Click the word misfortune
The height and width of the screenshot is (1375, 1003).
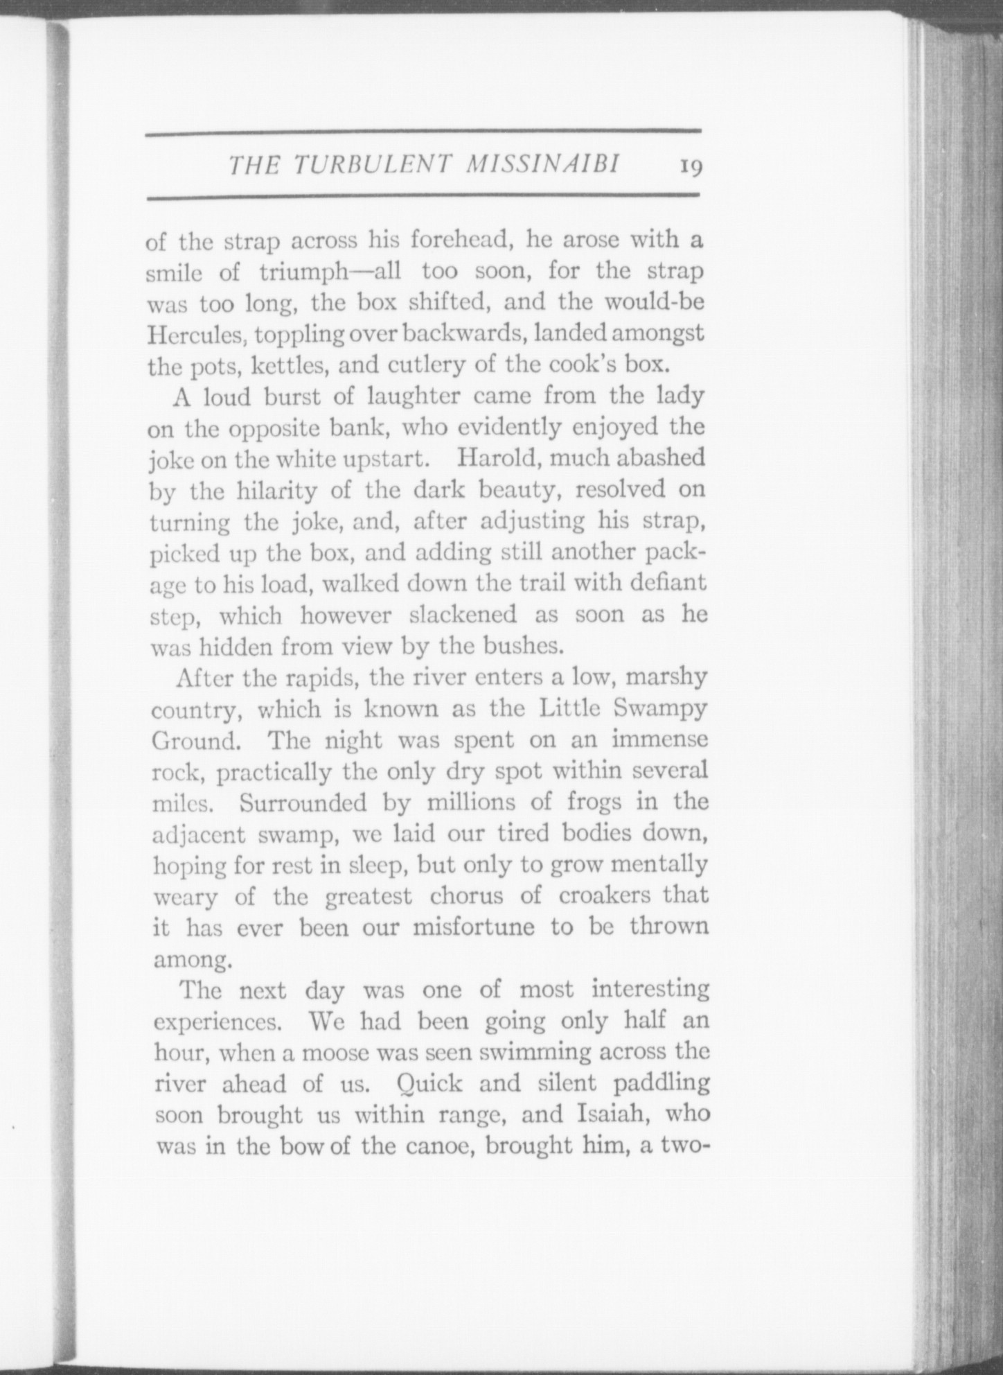click(x=474, y=927)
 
